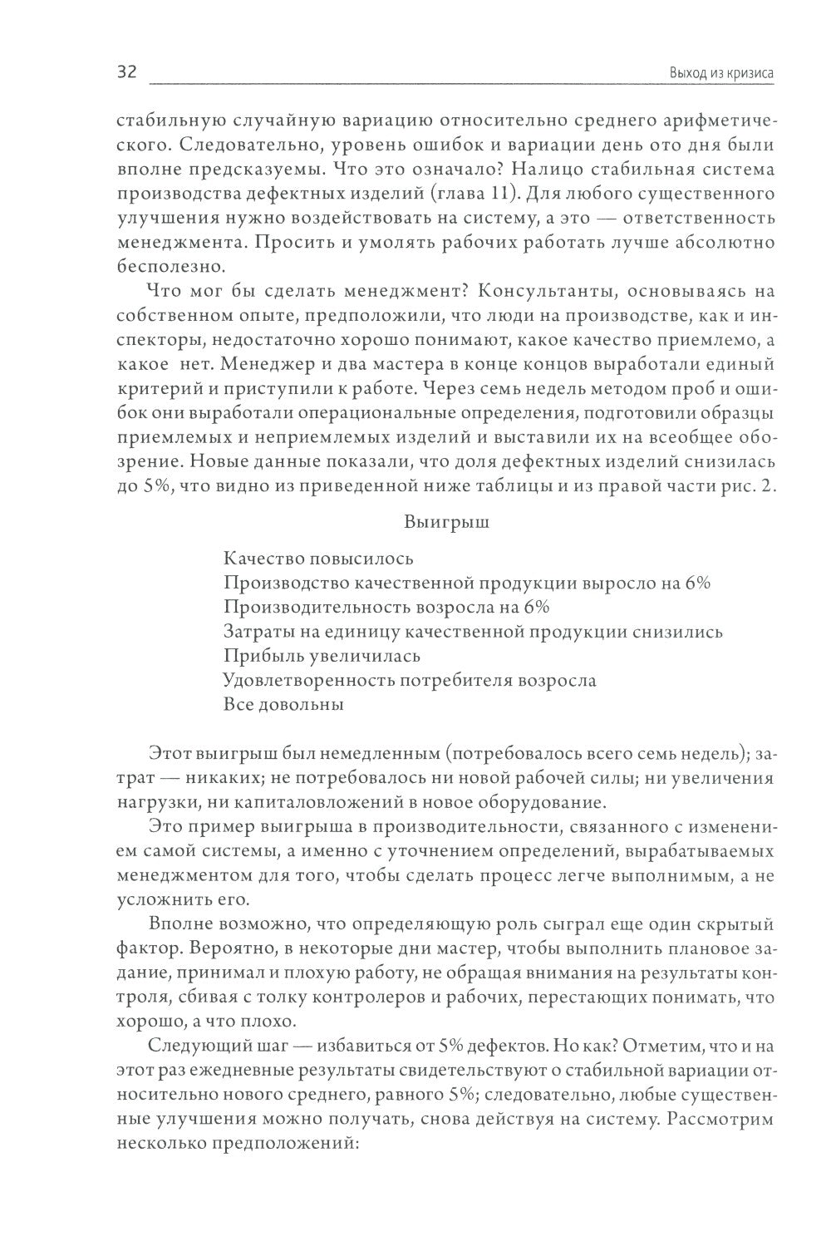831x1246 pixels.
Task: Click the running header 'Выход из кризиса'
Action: click(x=721, y=73)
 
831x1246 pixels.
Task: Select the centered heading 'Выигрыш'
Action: click(x=446, y=523)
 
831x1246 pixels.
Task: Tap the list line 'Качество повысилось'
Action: click(x=318, y=559)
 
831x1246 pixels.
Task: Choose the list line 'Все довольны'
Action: click(x=283, y=704)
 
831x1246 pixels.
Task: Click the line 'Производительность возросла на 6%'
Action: click(x=386, y=607)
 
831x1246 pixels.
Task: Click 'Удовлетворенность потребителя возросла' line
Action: click(x=410, y=680)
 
